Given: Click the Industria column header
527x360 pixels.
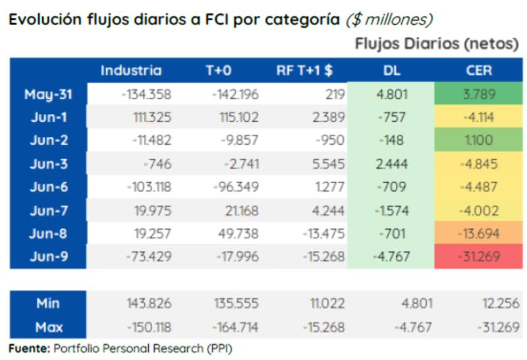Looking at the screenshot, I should click(130, 70).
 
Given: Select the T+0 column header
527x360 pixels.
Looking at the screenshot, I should click(219, 70).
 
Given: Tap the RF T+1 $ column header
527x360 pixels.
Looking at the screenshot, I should click(304, 70).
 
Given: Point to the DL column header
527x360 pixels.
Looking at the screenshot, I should click(391, 70).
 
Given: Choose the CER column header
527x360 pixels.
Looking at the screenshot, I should click(478, 70).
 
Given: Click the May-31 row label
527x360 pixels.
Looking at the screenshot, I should click(47, 94).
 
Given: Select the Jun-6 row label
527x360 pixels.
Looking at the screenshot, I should click(47, 186).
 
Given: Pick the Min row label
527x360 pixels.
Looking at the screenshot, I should click(47, 303).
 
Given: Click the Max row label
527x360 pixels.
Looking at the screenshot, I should click(47, 326).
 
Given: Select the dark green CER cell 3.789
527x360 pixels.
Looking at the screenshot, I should click(479, 94).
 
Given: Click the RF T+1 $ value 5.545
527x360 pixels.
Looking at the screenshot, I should click(326, 163).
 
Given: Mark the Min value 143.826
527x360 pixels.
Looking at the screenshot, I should click(149, 303).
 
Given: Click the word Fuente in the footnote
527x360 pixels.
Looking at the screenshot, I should click(28, 348).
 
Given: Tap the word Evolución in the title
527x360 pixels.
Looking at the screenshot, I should click(44, 19).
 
